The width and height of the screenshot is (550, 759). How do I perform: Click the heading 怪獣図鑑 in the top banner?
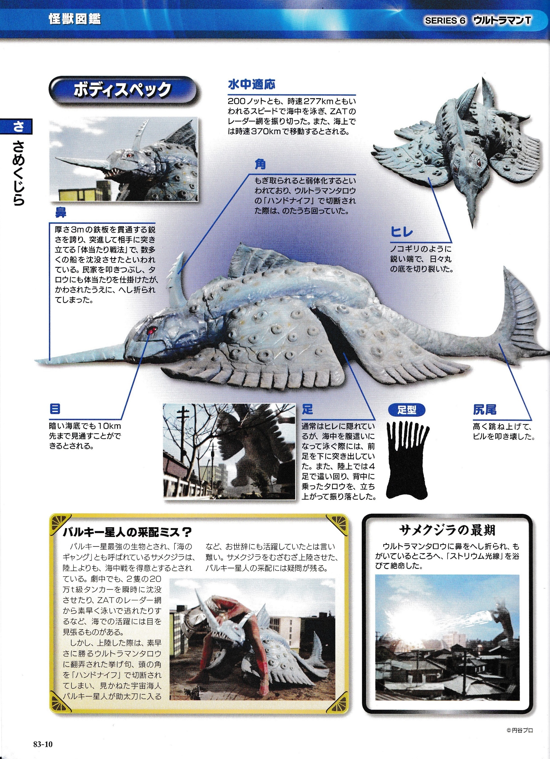[74, 19]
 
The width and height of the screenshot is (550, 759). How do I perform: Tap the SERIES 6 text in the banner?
[445, 21]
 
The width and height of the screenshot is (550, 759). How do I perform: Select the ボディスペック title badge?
[123, 90]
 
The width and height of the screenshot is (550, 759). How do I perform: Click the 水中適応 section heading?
[251, 84]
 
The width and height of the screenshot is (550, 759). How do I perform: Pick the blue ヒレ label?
[402, 232]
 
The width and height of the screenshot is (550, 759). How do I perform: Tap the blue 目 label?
[55, 409]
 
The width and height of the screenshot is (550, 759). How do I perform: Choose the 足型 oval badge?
[407, 410]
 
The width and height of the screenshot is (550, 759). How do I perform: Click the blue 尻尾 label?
[484, 409]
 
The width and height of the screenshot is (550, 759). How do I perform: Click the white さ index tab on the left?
[19, 126]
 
